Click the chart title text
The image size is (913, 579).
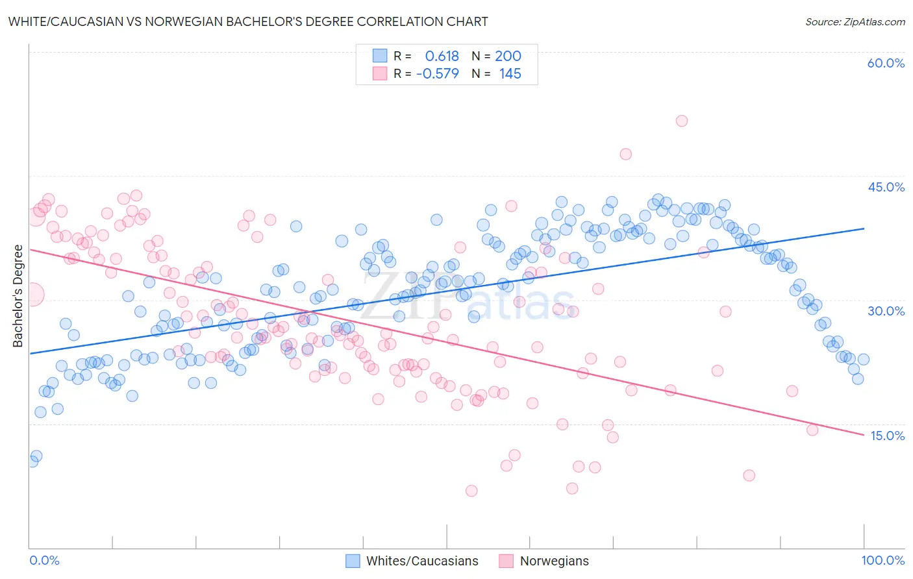coord(247,21)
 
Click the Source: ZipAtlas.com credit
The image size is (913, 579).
coord(855,21)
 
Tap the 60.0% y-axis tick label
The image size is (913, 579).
coord(886,63)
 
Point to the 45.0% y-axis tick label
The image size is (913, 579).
coord(886,187)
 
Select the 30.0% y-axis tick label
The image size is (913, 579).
coord(886,311)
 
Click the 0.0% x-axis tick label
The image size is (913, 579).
coord(44,560)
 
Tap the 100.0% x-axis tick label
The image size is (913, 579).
coord(882,560)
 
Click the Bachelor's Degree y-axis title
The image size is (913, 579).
coord(18,296)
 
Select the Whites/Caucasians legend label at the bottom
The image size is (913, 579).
coord(422,561)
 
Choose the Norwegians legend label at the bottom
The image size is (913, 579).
coord(554,561)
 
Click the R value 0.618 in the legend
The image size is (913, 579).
coord(442,56)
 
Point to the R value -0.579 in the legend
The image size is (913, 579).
coord(437,74)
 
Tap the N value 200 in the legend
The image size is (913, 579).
coord(508,56)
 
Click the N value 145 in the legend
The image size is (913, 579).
coord(510,74)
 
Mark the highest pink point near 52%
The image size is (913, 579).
coord(681,121)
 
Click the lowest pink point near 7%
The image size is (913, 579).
coord(471,491)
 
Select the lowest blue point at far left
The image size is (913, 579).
coord(32,462)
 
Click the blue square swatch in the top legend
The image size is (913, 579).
coord(380,56)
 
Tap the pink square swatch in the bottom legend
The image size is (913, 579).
coord(506,561)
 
